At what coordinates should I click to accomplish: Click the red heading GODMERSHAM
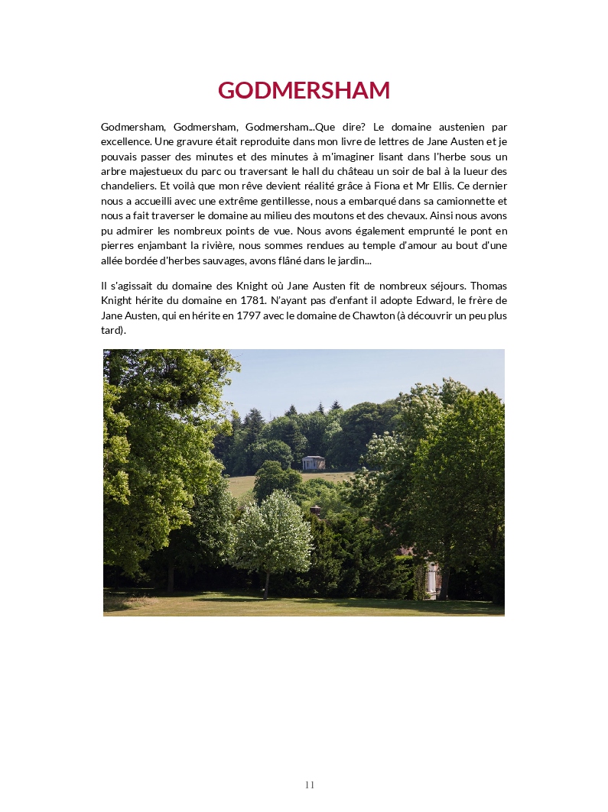[304, 90]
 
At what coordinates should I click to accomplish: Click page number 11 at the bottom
[310, 785]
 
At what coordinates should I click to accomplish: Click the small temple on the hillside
[314, 462]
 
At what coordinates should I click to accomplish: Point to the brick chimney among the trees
[315, 510]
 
